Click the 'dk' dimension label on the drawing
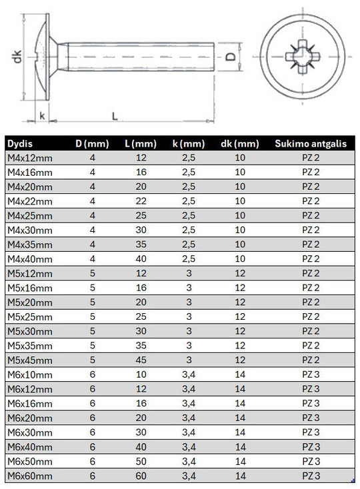[17, 57]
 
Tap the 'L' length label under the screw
[115, 117]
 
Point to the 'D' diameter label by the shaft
[231, 57]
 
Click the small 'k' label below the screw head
[42, 116]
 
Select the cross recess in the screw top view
[302, 57]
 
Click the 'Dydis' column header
[20, 144]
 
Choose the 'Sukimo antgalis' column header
[311, 143]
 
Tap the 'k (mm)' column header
[189, 143]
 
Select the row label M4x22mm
[30, 201]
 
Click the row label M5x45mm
[30, 360]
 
